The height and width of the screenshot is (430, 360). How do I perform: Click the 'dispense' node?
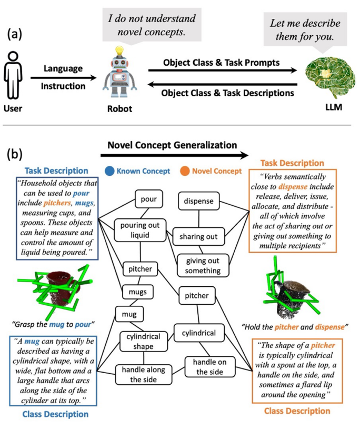[198, 200]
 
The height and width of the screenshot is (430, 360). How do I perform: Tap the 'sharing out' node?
[198, 236]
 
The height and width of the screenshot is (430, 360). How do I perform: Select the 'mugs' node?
[137, 290]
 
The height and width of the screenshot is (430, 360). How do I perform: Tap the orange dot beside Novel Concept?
[184, 171]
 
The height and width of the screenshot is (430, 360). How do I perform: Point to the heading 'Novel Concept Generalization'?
[172, 145]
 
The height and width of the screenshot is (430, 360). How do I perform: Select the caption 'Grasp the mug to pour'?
[55, 322]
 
